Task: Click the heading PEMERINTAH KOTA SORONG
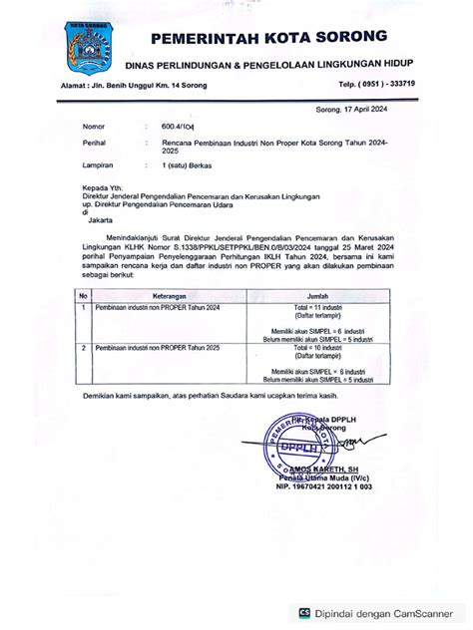(x=268, y=39)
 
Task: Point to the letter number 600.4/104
(x=166, y=128)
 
